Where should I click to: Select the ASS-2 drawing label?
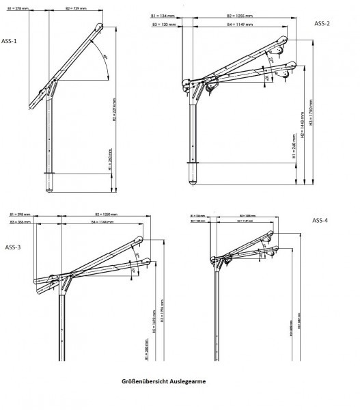(x=322, y=24)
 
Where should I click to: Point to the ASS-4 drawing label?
(x=320, y=220)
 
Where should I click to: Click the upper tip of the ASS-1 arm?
(x=101, y=28)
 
